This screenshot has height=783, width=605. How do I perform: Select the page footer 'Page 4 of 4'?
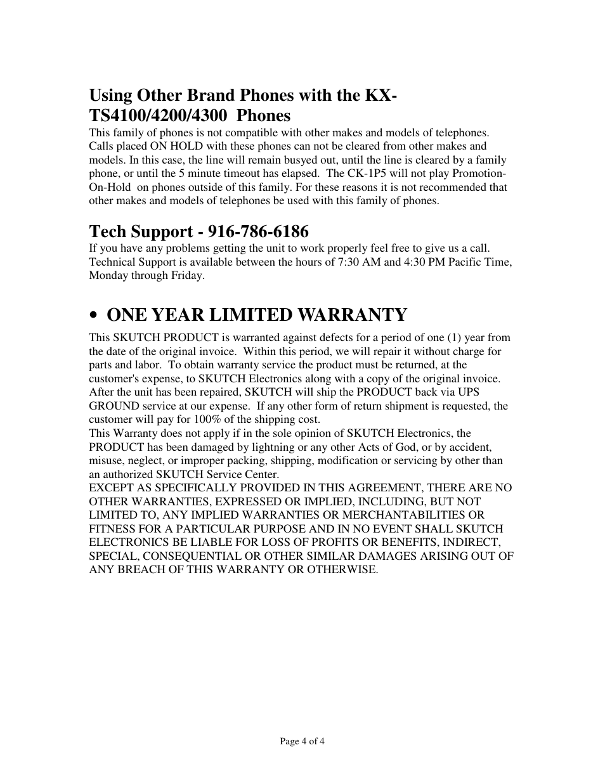(x=302, y=741)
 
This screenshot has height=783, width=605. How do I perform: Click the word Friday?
(x=188, y=275)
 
